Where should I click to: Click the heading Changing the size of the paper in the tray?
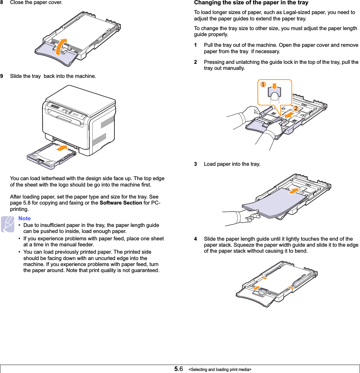point(251,3)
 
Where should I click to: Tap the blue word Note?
point(24,218)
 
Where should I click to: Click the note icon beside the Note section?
point(7,224)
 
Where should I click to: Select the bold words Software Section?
point(121,203)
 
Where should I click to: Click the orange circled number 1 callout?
point(263,85)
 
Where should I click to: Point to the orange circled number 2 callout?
point(296,109)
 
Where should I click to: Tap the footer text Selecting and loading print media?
point(220,369)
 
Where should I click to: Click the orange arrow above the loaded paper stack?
point(293,191)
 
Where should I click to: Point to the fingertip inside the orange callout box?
point(275,97)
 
